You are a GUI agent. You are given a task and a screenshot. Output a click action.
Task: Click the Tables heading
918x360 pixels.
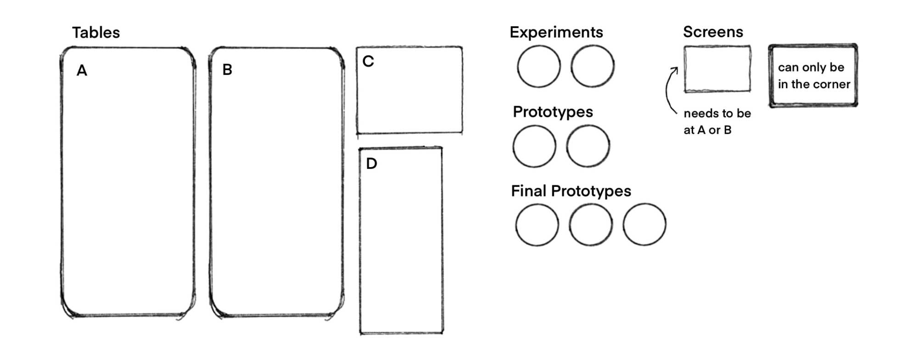pos(95,33)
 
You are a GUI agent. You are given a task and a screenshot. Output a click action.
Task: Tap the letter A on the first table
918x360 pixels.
pos(82,71)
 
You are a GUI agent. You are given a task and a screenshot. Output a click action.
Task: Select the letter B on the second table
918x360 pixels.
pos(227,70)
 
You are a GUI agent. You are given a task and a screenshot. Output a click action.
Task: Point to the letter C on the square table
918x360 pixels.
pos(368,62)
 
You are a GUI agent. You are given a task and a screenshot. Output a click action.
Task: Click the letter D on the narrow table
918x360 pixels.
pos(371,163)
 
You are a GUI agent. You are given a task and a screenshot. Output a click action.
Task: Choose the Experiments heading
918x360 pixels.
pos(556,32)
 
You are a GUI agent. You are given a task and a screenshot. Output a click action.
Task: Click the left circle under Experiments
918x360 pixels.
pos(538,67)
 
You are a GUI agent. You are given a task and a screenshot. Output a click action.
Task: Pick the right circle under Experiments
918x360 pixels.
pos(593,67)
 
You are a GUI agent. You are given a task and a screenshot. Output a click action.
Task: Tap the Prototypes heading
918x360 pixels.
pos(553,112)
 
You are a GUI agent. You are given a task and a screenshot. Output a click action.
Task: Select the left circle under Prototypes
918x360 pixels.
pos(534,146)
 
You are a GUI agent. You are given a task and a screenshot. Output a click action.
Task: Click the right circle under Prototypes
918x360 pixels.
pos(588,146)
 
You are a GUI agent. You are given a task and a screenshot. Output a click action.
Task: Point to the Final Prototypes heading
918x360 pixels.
pos(571,191)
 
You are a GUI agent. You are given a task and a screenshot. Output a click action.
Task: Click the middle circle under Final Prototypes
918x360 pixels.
pos(591,225)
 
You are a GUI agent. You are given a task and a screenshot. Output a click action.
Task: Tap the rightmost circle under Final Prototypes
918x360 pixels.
pos(644,225)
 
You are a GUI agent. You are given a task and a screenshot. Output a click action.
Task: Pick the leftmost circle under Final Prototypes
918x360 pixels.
pos(537,225)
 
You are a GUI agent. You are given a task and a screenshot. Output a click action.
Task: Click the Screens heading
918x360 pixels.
pos(713,32)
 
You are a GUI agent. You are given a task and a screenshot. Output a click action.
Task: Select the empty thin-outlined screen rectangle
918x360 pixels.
pos(717,69)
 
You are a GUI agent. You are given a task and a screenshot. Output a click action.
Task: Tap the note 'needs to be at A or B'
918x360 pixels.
pos(716,122)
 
